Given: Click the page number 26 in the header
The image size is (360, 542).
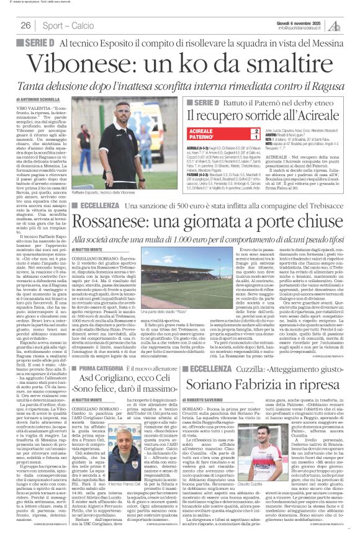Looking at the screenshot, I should (26, 25).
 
